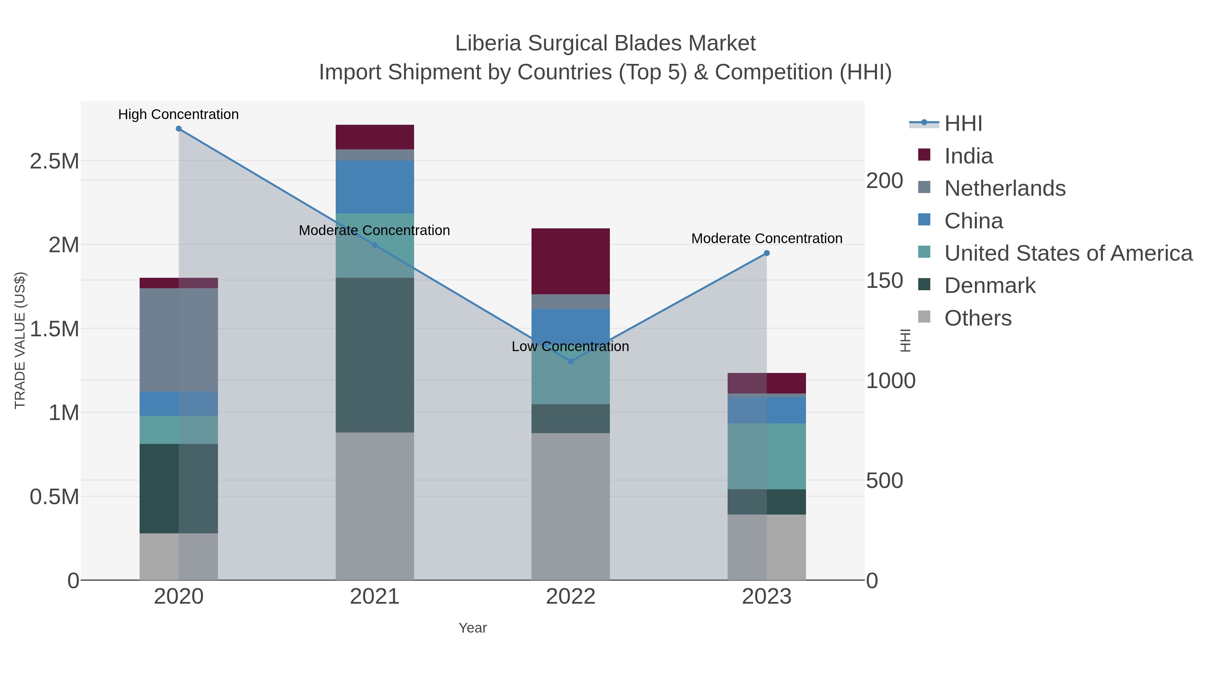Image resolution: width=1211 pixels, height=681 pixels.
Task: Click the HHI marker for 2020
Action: point(179,129)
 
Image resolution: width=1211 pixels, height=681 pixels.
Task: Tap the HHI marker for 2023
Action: point(767,253)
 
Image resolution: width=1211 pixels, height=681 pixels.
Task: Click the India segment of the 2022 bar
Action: point(571,261)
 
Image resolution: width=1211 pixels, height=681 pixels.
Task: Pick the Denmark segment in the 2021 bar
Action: point(375,355)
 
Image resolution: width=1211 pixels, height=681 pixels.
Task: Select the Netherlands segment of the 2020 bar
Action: point(179,340)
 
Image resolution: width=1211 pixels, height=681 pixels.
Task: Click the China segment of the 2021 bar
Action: point(375,187)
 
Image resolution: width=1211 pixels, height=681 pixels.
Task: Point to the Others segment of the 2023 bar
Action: point(767,547)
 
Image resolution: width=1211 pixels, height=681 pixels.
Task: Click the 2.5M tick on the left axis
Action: point(54,161)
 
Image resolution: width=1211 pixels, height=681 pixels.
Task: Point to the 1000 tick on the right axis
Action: point(890,381)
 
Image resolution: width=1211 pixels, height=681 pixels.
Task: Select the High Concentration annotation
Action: point(179,115)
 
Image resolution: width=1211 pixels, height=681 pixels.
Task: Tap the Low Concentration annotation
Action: point(570,347)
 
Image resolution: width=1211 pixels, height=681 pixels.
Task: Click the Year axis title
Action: point(473,628)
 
